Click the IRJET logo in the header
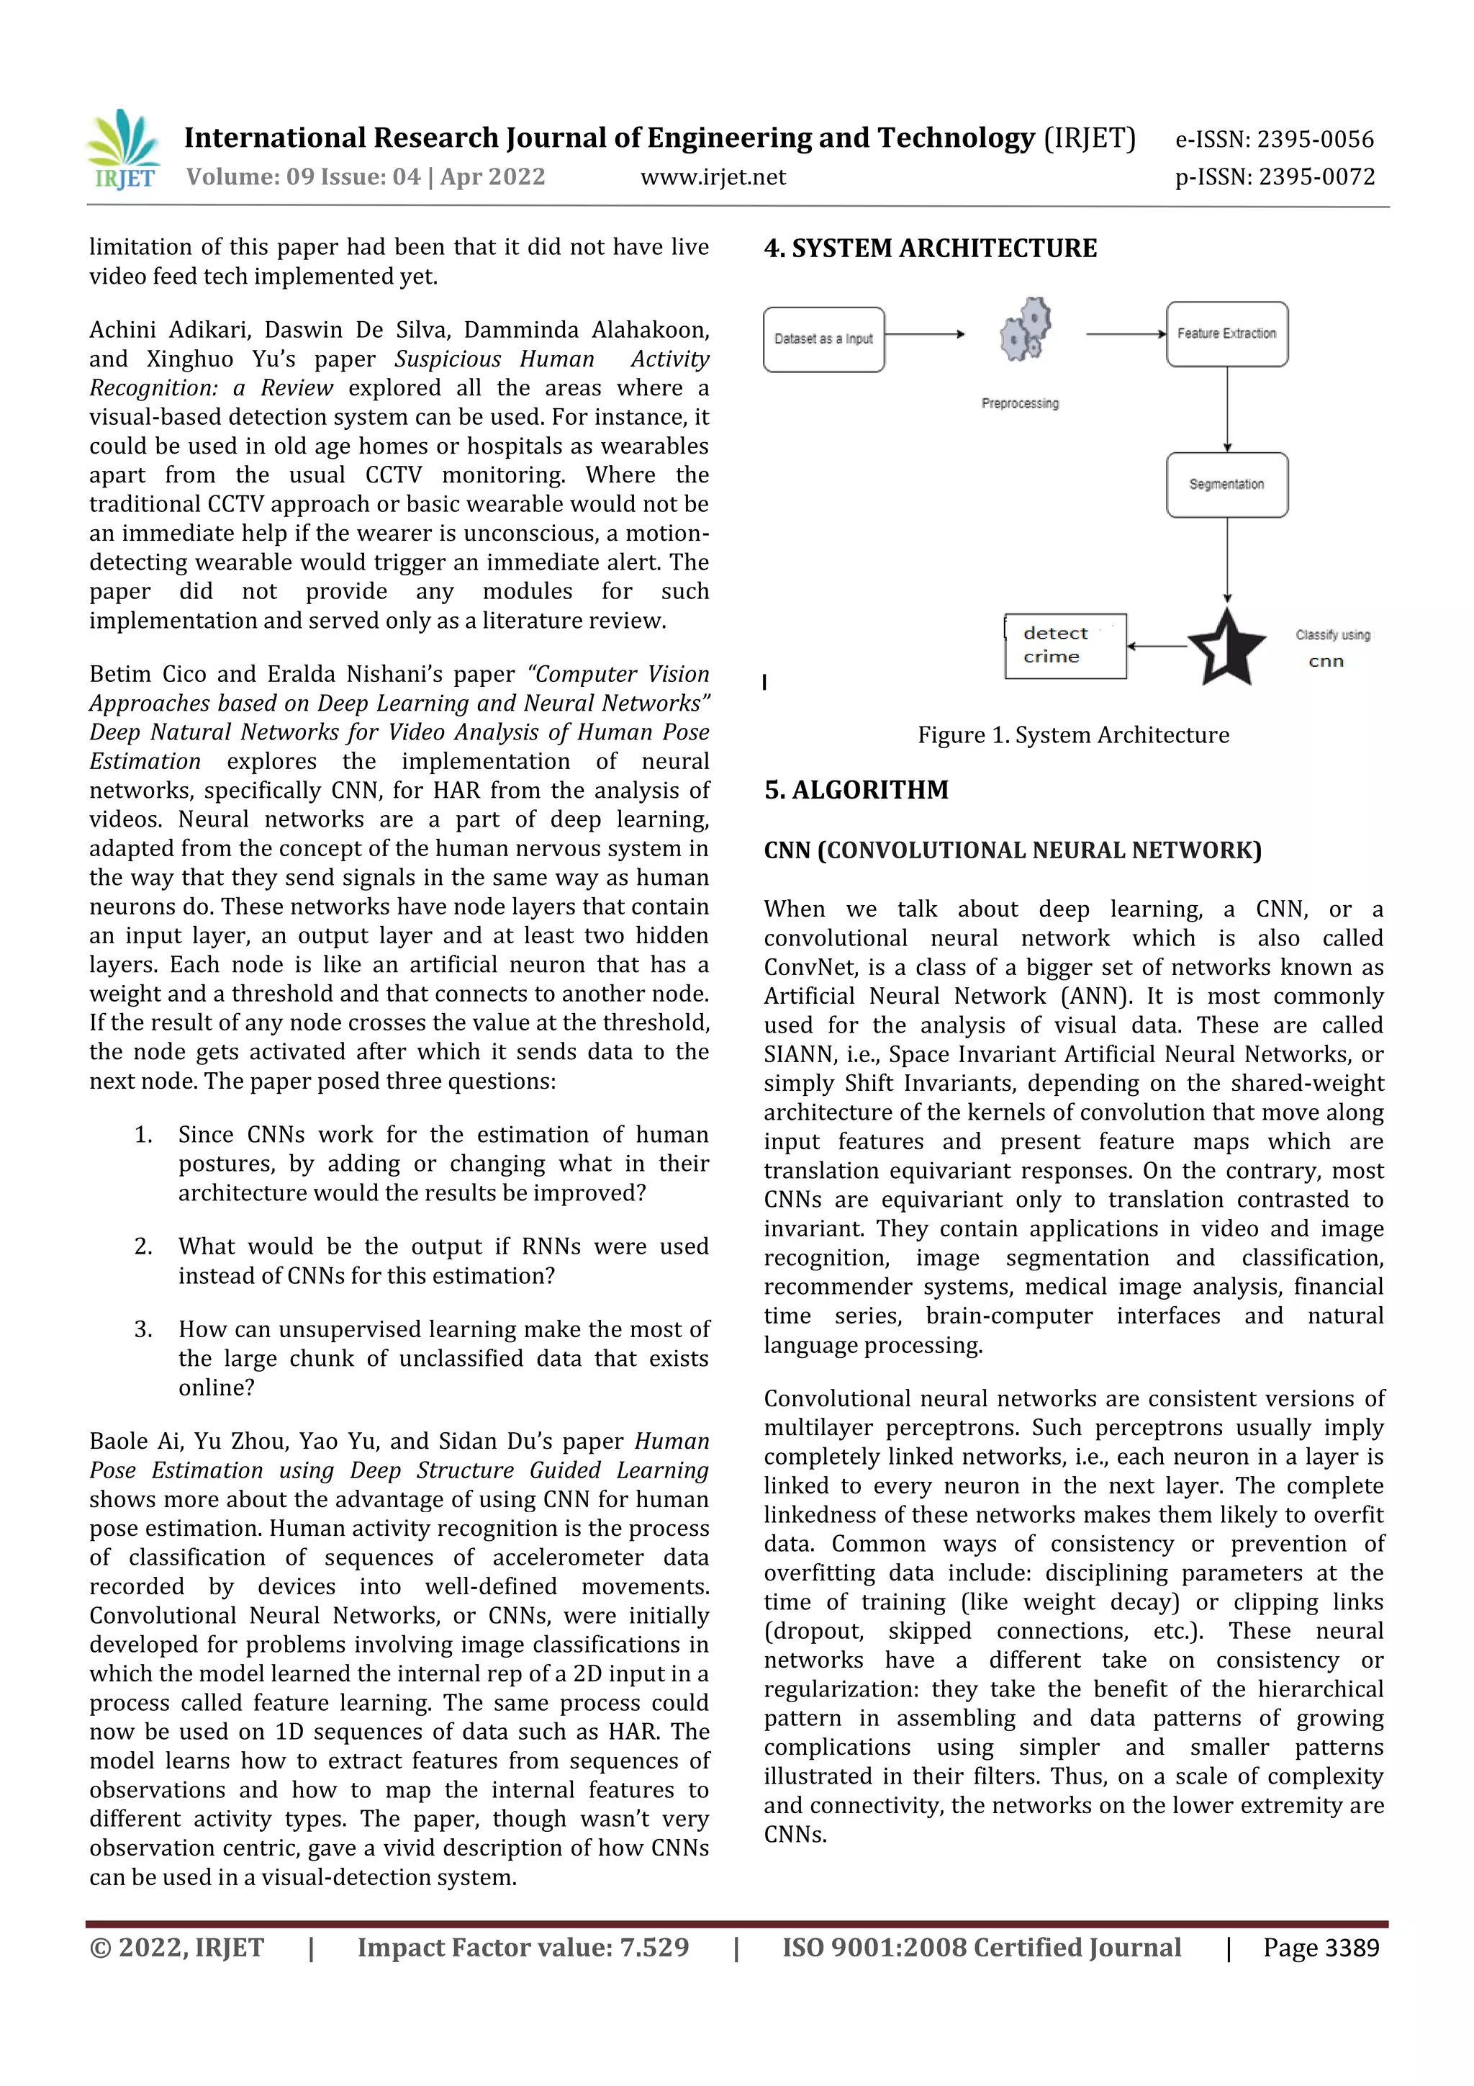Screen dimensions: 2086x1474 point(125,150)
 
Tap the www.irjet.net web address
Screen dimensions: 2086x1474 point(713,177)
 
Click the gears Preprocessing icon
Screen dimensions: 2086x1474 point(1026,330)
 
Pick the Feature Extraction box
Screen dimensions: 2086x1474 point(1226,333)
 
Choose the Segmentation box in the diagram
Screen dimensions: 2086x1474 point(1226,485)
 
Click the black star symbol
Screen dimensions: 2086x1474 point(1226,647)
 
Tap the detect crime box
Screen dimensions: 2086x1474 point(1064,645)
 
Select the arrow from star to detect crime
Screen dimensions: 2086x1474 point(1157,646)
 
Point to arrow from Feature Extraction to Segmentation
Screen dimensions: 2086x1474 point(1227,409)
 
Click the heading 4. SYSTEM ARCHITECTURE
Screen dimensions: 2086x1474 point(930,248)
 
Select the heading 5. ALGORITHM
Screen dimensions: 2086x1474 point(856,789)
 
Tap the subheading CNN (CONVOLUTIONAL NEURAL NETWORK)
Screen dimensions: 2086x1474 point(1012,850)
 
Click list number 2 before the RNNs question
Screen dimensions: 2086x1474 point(143,1246)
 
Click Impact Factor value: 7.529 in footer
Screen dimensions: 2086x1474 point(523,1947)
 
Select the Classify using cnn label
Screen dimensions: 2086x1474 point(1331,647)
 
